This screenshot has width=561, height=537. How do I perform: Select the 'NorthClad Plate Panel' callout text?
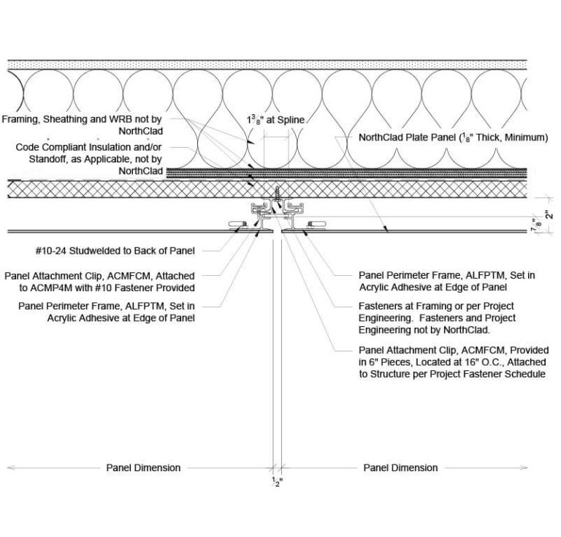(x=453, y=137)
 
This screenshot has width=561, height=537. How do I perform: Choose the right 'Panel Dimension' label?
(x=400, y=467)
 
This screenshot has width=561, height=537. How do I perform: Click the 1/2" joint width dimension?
(x=276, y=481)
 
